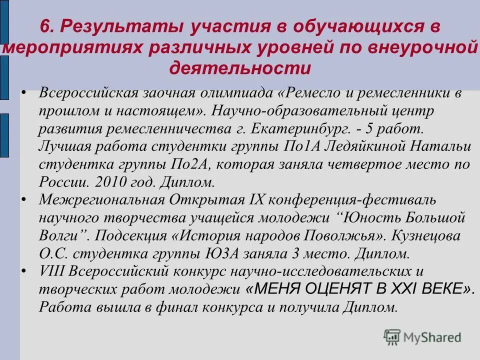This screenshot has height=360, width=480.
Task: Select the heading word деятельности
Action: [x=240, y=67]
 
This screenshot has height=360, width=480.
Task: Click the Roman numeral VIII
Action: [x=51, y=271]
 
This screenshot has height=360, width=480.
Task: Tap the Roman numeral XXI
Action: [x=420, y=288]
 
